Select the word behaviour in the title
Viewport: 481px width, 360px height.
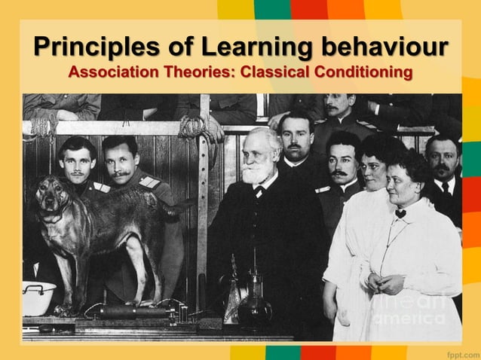[x=384, y=47]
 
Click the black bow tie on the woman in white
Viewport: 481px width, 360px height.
[x=400, y=214]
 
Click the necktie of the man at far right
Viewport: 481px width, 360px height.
[x=446, y=188]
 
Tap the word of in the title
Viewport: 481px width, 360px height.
[x=177, y=47]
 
